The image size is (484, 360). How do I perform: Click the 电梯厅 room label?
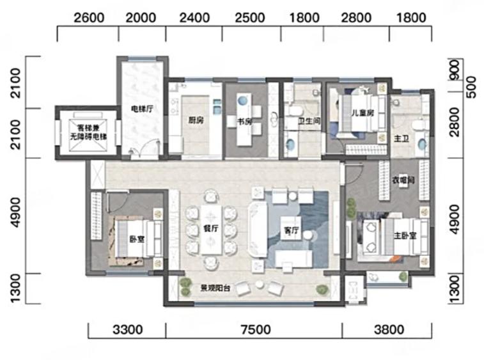(142, 109)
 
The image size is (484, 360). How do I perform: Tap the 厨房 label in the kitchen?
(196, 120)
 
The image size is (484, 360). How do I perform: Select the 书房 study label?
(244, 121)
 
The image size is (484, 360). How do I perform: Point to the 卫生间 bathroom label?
(309, 121)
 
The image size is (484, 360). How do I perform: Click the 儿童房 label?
(363, 113)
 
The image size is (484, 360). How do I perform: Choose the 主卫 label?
(402, 139)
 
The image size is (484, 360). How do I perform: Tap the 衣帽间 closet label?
(403, 180)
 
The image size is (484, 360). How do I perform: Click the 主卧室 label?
(405, 235)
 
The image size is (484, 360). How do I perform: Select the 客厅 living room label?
(291, 230)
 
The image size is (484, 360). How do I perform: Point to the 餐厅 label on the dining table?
(211, 228)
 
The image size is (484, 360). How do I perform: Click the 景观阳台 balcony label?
(215, 288)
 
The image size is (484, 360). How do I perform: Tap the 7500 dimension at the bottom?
(256, 330)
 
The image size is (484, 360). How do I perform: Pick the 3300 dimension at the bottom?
(127, 330)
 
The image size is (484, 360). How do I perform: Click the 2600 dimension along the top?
(89, 18)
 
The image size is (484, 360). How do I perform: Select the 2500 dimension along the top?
(250, 18)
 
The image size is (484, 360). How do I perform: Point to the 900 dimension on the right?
(455, 70)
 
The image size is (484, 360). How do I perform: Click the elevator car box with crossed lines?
(88, 132)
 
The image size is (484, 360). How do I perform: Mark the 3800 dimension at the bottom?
(389, 330)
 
